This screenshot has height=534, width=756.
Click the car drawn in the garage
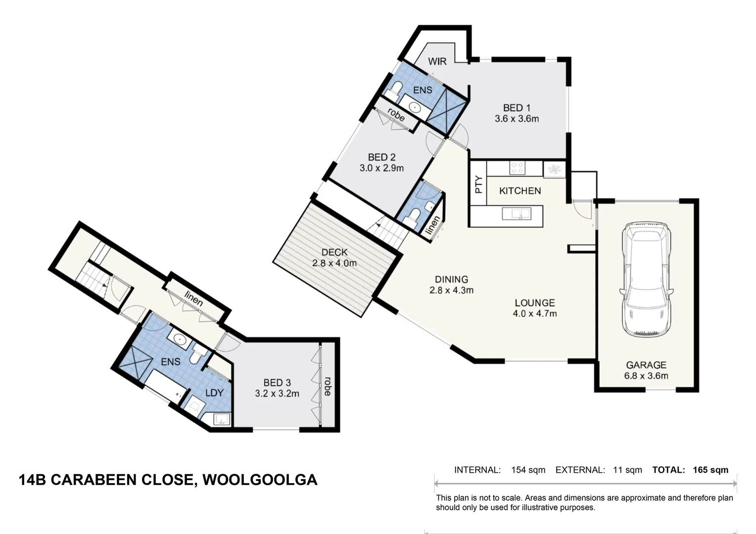tap(646, 279)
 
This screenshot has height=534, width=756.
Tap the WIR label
tap(437, 61)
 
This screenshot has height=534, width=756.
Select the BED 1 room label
tap(517, 108)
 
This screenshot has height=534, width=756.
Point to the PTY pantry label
tap(478, 184)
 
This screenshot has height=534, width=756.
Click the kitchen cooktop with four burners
tap(517, 168)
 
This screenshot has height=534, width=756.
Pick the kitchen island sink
tap(517, 214)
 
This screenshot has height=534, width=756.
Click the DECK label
tap(334, 252)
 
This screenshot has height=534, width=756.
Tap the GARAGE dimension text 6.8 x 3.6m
tap(646, 376)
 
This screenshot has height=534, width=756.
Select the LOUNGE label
tap(535, 303)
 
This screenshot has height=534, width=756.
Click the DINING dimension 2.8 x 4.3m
tap(451, 290)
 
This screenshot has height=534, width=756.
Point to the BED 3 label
tap(277, 383)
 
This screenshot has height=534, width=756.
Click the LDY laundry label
tap(215, 393)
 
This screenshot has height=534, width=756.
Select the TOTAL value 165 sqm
tap(710, 470)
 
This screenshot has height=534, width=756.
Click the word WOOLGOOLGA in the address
tap(260, 480)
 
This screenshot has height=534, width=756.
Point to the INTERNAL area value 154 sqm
tap(528, 470)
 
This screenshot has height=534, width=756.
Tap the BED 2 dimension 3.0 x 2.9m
tap(381, 168)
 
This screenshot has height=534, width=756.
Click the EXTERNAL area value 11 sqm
tap(627, 470)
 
